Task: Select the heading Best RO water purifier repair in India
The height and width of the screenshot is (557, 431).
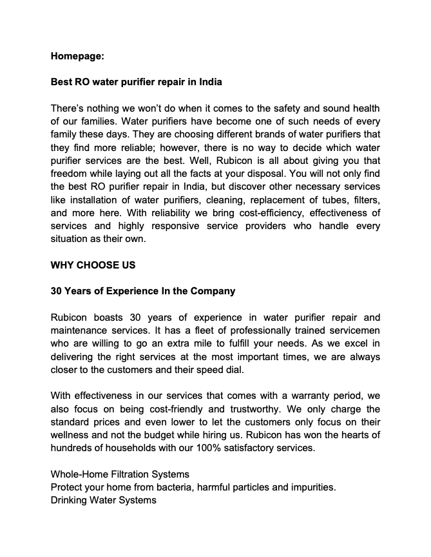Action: (136, 83)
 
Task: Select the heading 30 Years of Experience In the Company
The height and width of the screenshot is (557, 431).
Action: (143, 291)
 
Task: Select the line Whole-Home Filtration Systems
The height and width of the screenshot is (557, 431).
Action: (119, 475)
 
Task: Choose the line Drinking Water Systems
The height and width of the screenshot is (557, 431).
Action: (103, 501)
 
